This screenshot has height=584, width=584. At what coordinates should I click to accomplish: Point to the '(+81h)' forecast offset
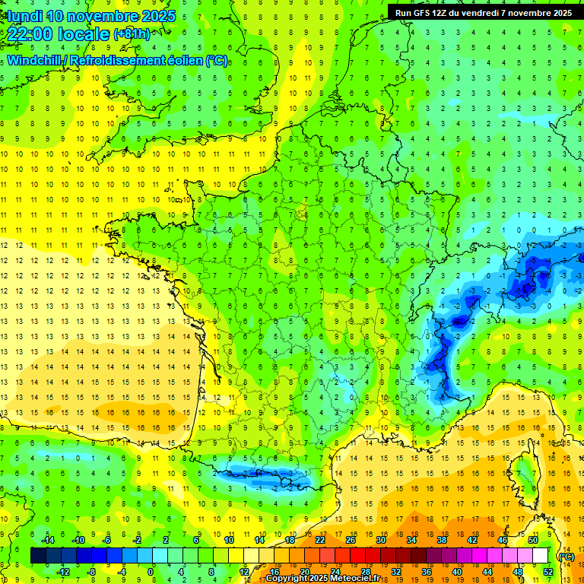(x=132, y=34)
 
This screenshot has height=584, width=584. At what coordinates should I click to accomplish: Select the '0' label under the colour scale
(x=151, y=572)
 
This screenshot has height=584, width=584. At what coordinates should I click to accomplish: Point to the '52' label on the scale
(x=547, y=572)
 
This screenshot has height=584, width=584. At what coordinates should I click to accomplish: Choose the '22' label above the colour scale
(x=320, y=540)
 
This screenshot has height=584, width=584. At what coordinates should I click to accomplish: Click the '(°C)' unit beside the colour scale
(x=566, y=556)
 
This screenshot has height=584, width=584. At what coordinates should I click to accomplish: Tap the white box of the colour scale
(x=540, y=556)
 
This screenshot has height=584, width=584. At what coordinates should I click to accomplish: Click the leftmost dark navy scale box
(x=38, y=556)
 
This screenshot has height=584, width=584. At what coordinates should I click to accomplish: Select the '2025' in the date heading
(x=158, y=15)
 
